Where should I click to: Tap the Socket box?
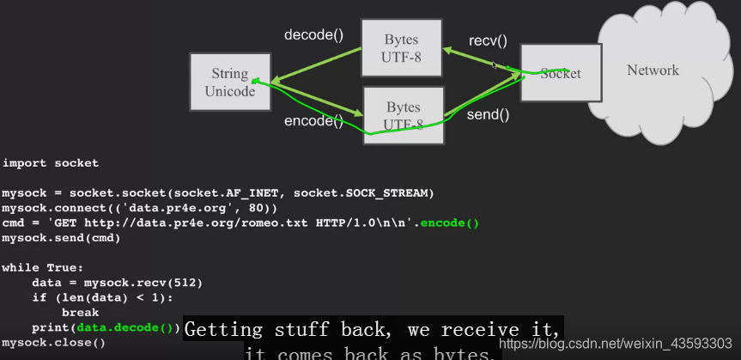(560, 73)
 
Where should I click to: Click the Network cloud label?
(653, 70)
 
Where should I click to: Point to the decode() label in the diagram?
(313, 35)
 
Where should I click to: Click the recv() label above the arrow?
(488, 40)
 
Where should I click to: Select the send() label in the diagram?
(488, 113)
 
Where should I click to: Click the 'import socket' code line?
(50, 162)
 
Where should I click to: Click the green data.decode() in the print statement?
(125, 327)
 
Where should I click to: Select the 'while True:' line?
(42, 267)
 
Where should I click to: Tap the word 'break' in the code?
(81, 313)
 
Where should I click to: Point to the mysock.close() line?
(53, 342)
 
